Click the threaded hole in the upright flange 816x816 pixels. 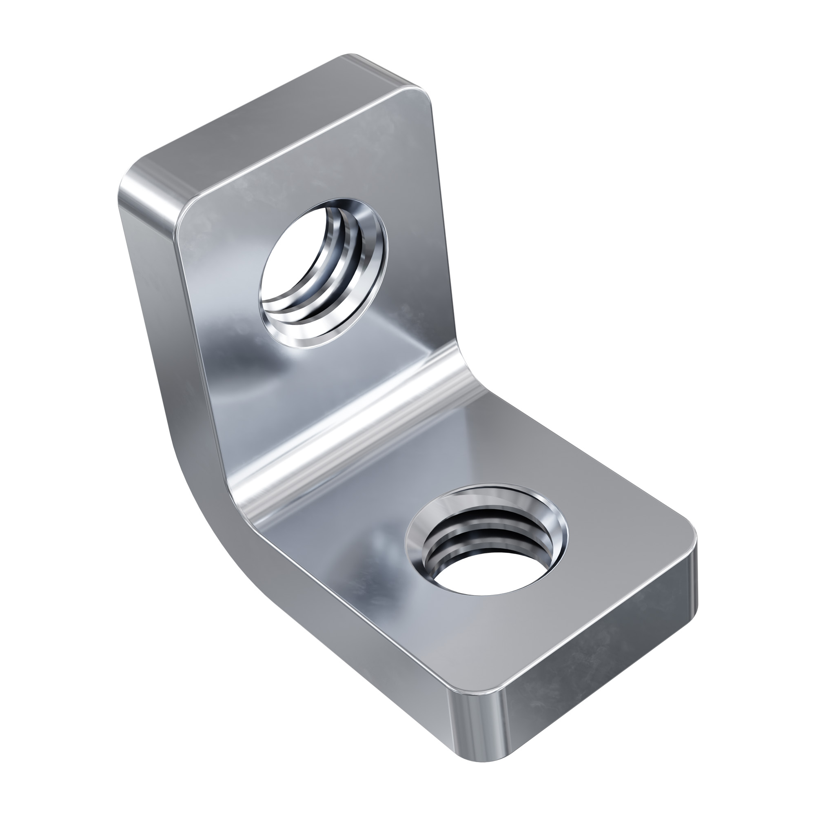(x=323, y=273)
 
